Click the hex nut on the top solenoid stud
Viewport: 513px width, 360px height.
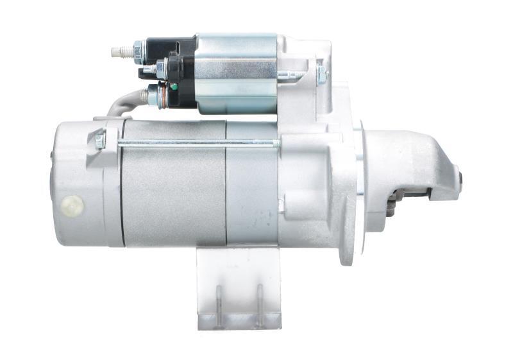click(137, 49)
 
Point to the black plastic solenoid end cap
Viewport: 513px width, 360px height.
click(183, 71)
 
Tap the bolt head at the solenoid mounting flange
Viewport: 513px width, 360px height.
click(321, 74)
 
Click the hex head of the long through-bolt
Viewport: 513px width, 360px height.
click(100, 140)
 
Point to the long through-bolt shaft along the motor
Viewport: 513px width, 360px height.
click(192, 142)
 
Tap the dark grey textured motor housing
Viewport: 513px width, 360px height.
click(173, 193)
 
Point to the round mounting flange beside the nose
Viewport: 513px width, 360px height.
click(349, 193)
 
